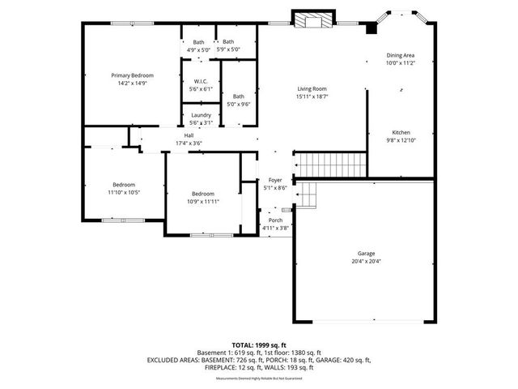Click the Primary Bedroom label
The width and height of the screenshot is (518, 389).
click(132, 75)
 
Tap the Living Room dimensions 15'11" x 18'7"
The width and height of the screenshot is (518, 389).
click(312, 96)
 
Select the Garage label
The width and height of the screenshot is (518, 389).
click(366, 253)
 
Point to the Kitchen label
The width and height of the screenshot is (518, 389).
click(401, 132)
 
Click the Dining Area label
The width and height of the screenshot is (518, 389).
click(400, 55)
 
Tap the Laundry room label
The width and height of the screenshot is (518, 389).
click(201, 115)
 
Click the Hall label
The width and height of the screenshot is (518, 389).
click(189, 135)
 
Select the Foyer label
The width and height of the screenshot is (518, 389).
click(275, 180)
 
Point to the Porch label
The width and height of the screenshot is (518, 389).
click(275, 220)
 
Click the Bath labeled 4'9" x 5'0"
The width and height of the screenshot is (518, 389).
click(198, 42)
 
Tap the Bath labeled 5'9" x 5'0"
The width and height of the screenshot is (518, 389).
click(228, 42)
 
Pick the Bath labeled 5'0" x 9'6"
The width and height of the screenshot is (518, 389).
click(239, 96)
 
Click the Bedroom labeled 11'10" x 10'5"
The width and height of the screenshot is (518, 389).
click(124, 184)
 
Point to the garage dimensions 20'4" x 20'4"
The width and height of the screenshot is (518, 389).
click(366, 261)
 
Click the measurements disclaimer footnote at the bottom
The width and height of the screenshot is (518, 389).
click(258, 378)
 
